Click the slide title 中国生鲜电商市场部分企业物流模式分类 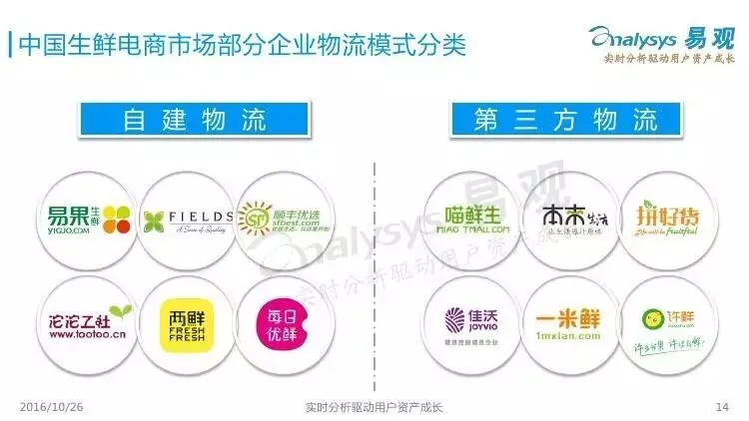(x=241, y=45)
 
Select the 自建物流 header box (x=196, y=122)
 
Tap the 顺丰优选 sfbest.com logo (x=282, y=217)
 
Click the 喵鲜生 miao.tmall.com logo (x=470, y=217)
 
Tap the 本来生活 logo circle (x=568, y=217)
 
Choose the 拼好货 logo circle (x=664, y=217)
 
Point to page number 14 (x=723, y=407)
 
